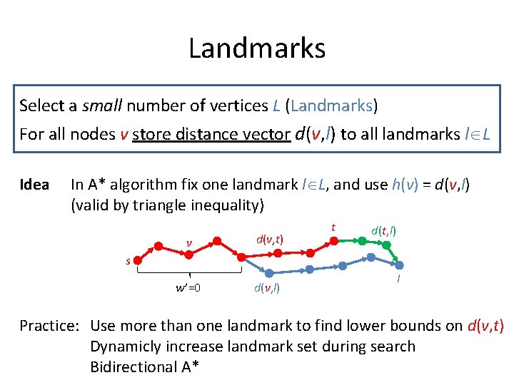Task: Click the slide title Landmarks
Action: click(257, 48)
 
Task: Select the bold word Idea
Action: click(34, 185)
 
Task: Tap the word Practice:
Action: click(49, 326)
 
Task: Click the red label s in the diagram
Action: click(128, 261)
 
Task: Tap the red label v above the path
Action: click(189, 243)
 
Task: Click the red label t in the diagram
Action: click(333, 227)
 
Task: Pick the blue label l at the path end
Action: click(398, 280)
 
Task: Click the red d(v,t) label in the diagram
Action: click(269, 240)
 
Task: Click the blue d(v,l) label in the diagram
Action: click(266, 288)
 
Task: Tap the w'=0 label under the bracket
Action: click(188, 288)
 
